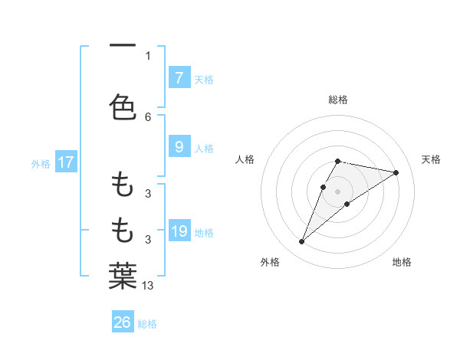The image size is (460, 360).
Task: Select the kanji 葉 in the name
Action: point(123,277)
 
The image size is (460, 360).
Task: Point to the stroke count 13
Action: point(149,286)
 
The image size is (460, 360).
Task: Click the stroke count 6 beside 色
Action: point(148,116)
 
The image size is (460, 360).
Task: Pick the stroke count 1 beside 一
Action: point(148,55)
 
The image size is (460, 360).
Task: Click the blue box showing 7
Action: point(179,77)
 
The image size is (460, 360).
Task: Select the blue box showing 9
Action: point(179,146)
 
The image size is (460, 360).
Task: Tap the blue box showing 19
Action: point(179,231)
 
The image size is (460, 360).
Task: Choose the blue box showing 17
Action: point(65,162)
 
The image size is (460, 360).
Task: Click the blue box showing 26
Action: point(123,322)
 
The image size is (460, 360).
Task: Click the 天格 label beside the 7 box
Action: point(204,79)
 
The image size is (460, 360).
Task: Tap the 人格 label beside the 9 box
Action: point(204,148)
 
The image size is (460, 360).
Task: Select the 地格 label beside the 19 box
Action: point(204,232)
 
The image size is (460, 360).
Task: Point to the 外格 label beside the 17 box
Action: point(41,164)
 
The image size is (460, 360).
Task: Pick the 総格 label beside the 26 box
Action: point(147,324)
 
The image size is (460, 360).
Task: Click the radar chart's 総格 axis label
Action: point(338,100)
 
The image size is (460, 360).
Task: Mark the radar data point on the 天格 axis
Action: point(396,172)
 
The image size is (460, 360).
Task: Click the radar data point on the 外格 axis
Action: point(301,242)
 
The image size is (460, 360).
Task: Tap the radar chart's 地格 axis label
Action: point(402,262)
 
